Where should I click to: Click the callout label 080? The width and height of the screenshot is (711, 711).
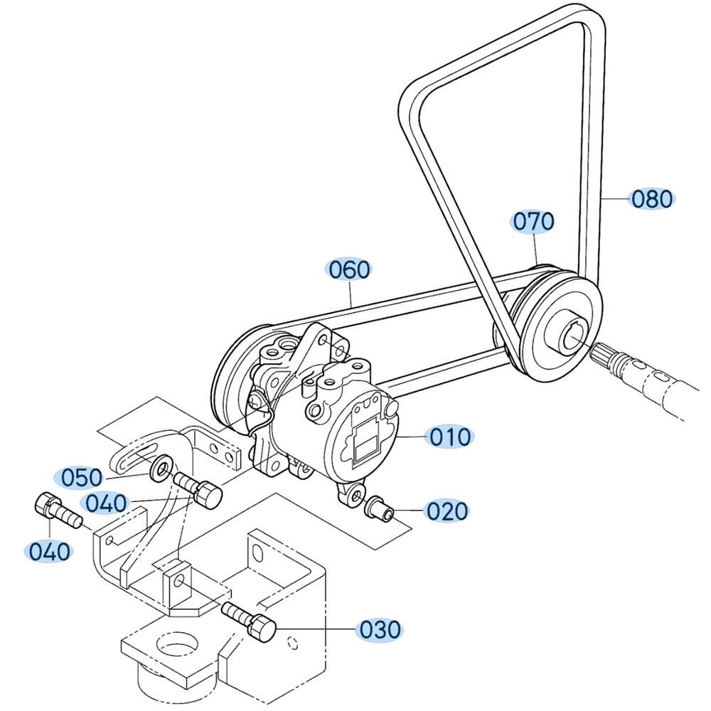651,198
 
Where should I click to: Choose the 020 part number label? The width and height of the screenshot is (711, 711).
447,511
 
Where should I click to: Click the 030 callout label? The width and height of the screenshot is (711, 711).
380,630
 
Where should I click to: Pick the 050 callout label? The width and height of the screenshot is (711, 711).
82,478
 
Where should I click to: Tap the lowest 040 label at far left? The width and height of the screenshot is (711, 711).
50,552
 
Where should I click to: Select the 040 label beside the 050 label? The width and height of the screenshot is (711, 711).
106,503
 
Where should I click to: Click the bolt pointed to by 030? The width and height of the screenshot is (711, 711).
249,621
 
